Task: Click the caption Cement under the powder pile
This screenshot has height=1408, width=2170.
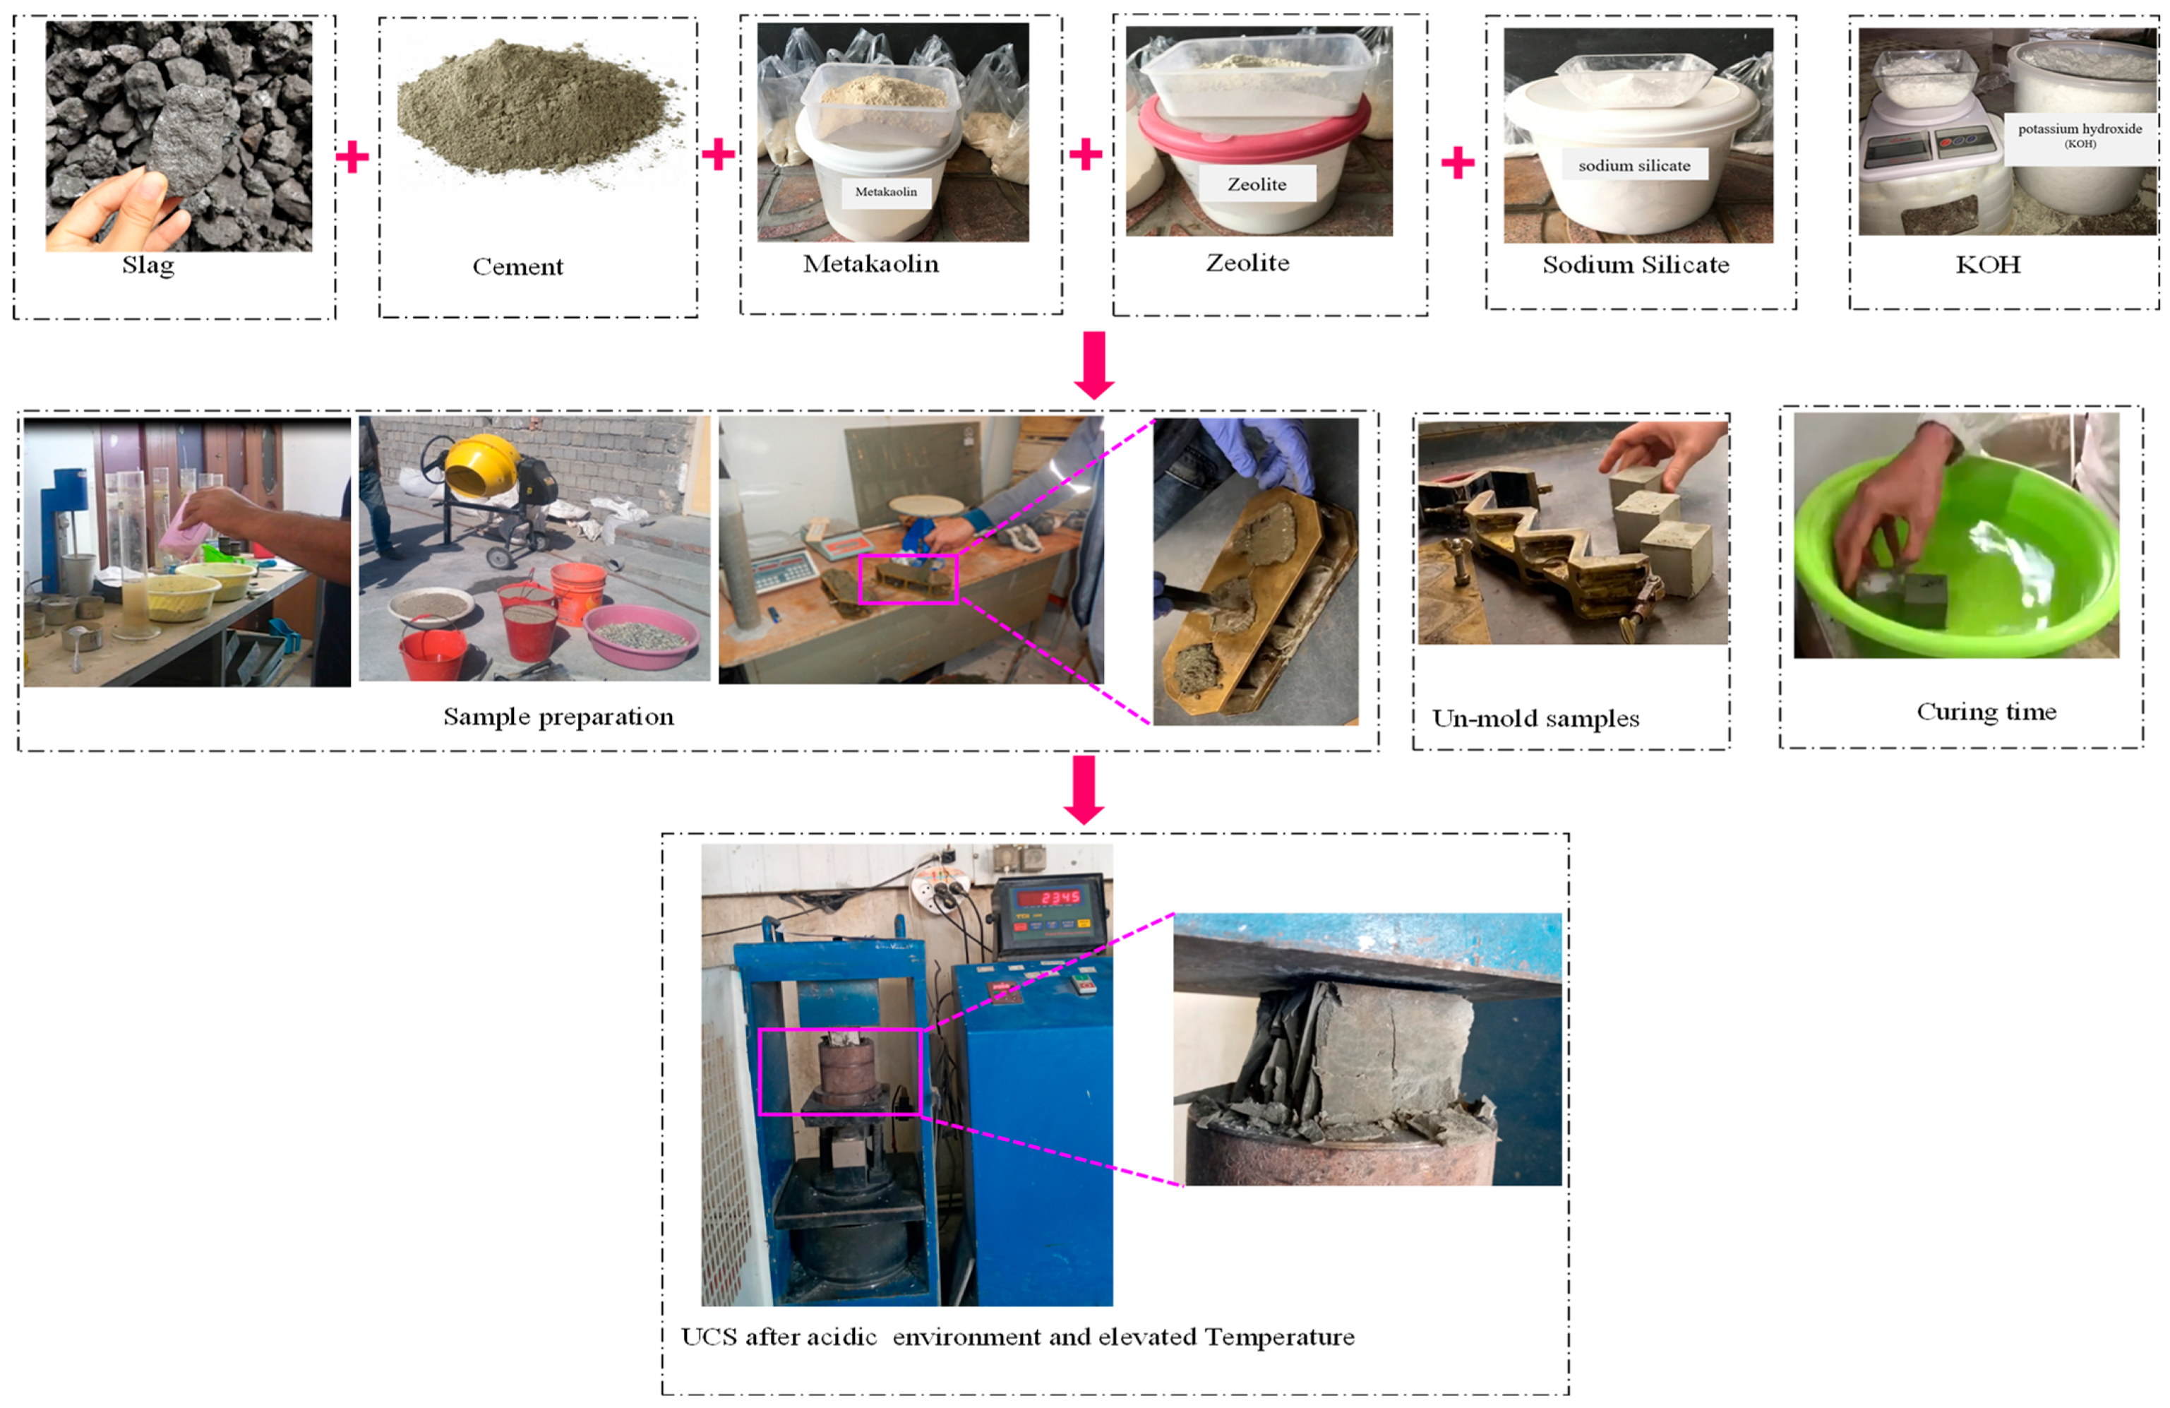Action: pos(517,266)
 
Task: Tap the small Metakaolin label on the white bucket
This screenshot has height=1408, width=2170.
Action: pos(885,191)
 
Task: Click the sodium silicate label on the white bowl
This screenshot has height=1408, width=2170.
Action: pos(1634,165)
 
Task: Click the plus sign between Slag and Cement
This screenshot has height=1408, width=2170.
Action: pos(352,157)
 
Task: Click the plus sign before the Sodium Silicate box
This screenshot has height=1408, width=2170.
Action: pos(1457,162)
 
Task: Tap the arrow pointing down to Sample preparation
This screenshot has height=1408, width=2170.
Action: pos(1093,364)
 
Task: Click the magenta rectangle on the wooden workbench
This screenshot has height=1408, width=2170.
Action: pos(908,579)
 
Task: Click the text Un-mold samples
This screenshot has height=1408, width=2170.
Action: pos(1535,719)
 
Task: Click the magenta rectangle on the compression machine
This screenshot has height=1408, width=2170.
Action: pos(840,1071)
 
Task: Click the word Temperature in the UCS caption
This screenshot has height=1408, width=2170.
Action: pos(1279,1337)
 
